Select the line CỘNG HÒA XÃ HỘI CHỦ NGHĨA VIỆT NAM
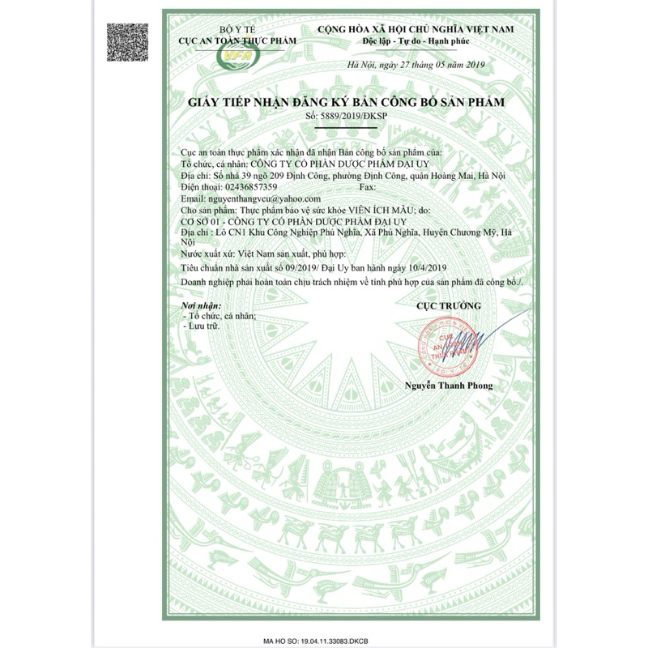pos(416,28)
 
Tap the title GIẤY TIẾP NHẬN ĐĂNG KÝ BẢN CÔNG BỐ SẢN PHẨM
pos(346,102)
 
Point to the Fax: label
pos(366,186)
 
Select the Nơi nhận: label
pos(199,305)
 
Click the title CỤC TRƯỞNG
pos(448,306)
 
